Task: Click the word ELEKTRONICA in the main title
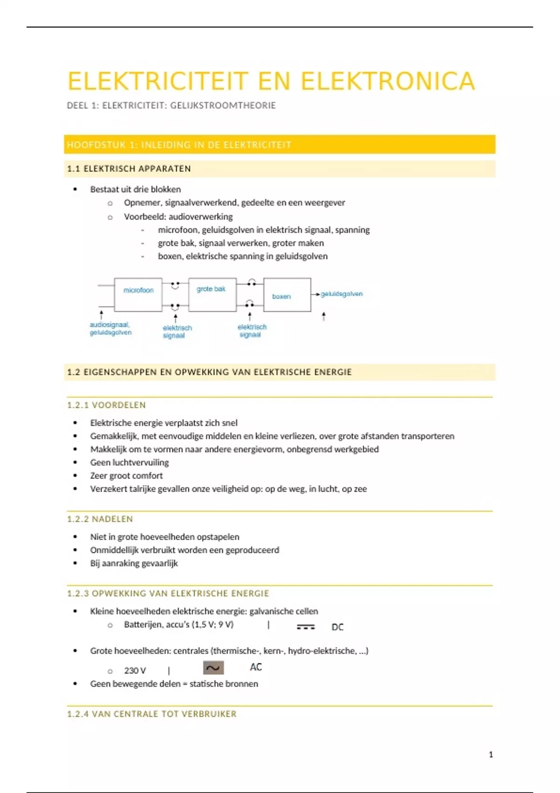click(387, 81)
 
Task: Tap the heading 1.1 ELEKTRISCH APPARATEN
click(129, 169)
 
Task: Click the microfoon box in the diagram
click(138, 294)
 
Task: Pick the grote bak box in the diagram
click(212, 294)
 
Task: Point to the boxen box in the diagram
click(287, 295)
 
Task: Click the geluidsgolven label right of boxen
click(342, 294)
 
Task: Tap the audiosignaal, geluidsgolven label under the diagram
click(111, 328)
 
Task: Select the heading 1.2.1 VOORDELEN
click(106, 405)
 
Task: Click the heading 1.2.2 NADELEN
click(100, 519)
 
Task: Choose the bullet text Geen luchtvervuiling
click(129, 462)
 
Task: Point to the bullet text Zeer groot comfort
click(126, 475)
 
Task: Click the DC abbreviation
click(337, 627)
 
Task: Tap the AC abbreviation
click(256, 667)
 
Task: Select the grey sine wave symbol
click(213, 668)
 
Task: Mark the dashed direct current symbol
click(306, 627)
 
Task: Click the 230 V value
click(135, 670)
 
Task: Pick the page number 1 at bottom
click(490, 754)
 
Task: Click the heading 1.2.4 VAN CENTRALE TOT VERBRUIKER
click(152, 714)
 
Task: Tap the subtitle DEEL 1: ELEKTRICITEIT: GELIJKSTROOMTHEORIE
click(171, 105)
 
